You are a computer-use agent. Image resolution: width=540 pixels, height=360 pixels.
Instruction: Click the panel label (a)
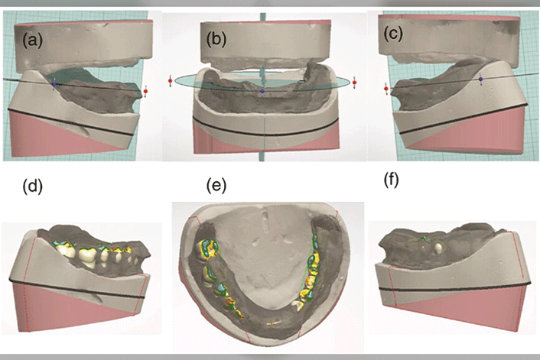coord(33,41)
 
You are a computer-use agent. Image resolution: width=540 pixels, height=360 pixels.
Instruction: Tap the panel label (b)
coord(216,39)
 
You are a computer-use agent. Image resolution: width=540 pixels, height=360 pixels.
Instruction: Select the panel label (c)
coord(392,34)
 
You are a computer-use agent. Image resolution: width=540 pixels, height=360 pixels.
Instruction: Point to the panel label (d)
coord(33,187)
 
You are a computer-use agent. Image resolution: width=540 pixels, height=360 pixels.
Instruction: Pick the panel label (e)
coord(216,186)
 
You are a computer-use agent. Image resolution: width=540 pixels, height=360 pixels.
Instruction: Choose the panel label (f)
coord(391,180)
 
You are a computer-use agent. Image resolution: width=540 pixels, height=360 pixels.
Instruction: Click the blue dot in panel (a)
coord(54,84)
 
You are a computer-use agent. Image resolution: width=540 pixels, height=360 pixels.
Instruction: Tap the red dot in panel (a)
coord(145,91)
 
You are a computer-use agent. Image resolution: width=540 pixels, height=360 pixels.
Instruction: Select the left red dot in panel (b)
coord(170,81)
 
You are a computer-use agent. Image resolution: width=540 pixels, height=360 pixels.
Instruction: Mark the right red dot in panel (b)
coord(355,83)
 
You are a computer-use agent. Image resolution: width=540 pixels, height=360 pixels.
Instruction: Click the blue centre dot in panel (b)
coord(262,91)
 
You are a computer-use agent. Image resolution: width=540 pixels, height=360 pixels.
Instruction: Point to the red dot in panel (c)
coord(386,89)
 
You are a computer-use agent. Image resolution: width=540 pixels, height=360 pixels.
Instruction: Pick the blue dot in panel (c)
coord(481,79)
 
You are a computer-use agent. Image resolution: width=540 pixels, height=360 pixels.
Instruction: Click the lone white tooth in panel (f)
coord(439,248)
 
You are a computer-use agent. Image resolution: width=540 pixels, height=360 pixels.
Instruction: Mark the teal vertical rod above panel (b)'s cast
coord(263,17)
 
